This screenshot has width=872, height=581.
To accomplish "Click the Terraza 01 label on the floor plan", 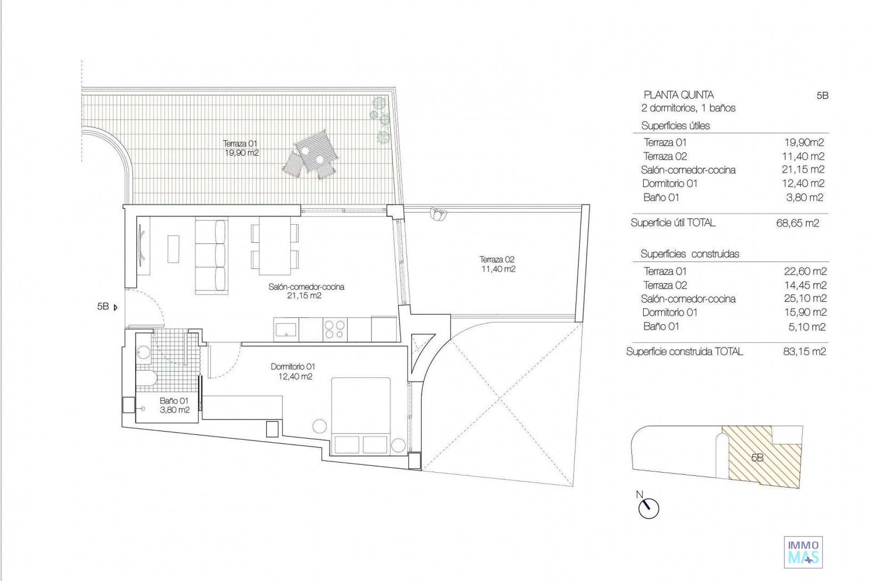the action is [x=241, y=148].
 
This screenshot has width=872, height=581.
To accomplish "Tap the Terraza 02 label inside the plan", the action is [x=497, y=264].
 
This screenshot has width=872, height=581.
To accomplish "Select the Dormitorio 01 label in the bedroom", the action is [x=293, y=371].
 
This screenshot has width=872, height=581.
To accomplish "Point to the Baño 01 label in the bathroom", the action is [x=174, y=405].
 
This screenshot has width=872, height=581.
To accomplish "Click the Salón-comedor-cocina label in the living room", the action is [x=306, y=291].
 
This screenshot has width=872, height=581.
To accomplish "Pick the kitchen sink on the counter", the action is [x=286, y=330].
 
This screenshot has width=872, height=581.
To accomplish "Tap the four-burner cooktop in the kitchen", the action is [x=335, y=330].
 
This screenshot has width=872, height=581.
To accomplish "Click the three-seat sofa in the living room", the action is [x=211, y=257].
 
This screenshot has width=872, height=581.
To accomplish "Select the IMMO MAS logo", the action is [x=803, y=552].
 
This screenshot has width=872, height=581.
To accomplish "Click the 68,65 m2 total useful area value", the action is [x=798, y=223].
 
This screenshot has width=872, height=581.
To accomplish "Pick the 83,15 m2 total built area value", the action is [x=804, y=351].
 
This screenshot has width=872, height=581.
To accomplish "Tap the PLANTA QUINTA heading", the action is [x=679, y=95].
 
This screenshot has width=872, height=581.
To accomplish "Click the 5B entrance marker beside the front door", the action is [x=107, y=307].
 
